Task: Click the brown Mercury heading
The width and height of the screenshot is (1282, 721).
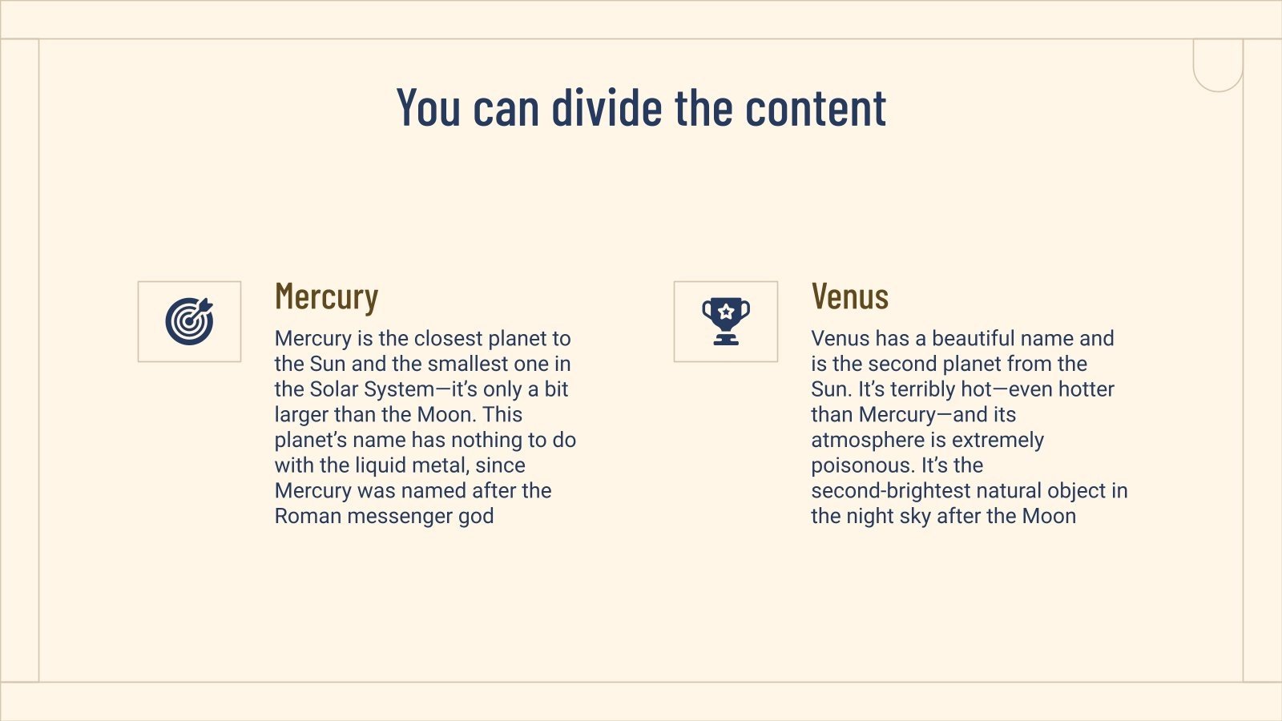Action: tap(326, 297)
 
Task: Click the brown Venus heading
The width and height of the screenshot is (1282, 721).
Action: tap(849, 297)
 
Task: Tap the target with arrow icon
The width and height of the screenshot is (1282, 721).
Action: tap(190, 321)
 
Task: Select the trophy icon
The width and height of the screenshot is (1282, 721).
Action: tap(726, 321)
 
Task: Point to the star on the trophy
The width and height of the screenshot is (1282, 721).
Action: tap(726, 311)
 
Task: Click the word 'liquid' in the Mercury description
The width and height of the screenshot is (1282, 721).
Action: tap(381, 465)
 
